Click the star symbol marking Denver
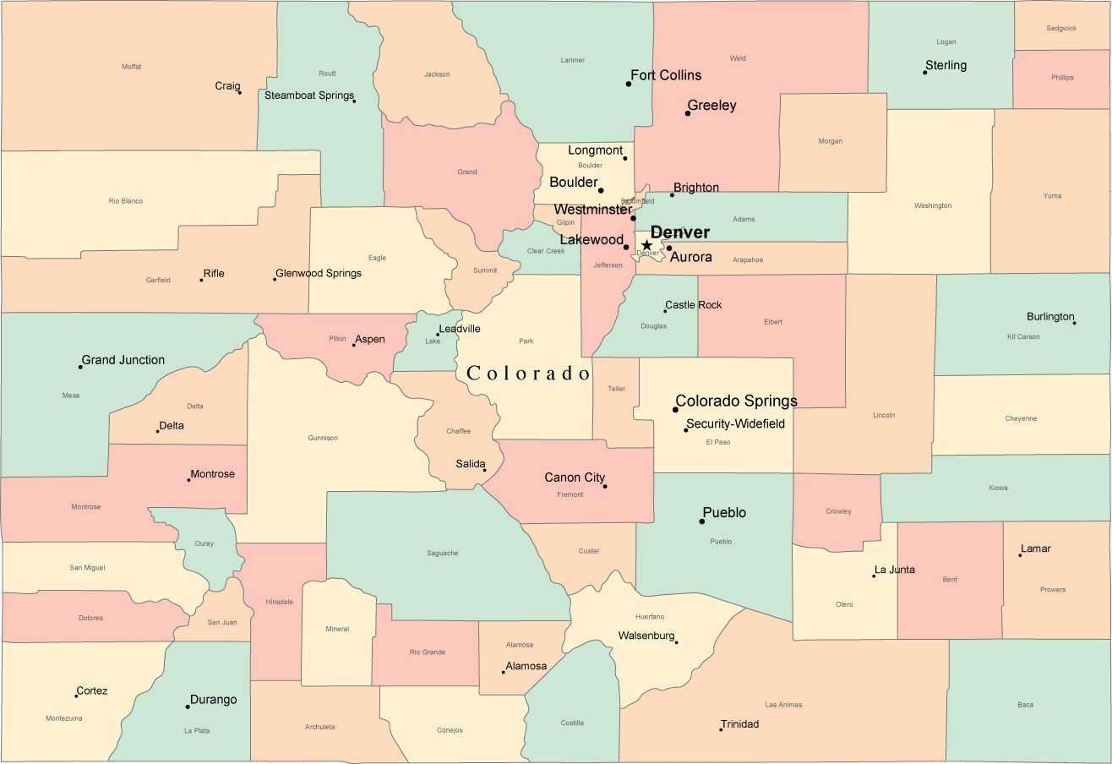pos(646,245)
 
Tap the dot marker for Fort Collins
pos(629,84)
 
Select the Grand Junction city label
pos(123,360)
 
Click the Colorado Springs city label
pos(736,401)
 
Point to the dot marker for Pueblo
pos(701,521)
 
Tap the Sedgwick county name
pos(1061,28)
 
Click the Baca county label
pos(1025,705)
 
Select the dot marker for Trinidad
pos(721,729)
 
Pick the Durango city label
pos(213,700)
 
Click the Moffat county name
pos(131,67)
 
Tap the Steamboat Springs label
pos(308,95)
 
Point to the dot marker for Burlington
pos(1074,323)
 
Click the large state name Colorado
pos(528,373)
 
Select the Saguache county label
pos(442,554)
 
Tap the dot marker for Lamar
pos(1020,554)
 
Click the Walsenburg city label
pos(646,636)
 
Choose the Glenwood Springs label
pos(319,273)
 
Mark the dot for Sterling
pos(924,73)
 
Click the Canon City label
pos(575,477)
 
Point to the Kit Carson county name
pos(1023,336)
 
